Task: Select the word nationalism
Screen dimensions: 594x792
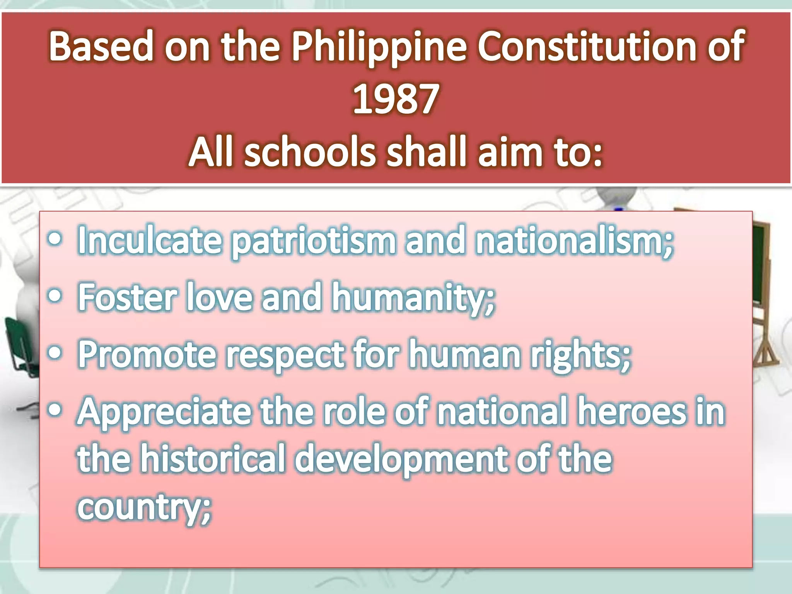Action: [x=574, y=241]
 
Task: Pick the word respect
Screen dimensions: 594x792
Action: [x=285, y=355]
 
